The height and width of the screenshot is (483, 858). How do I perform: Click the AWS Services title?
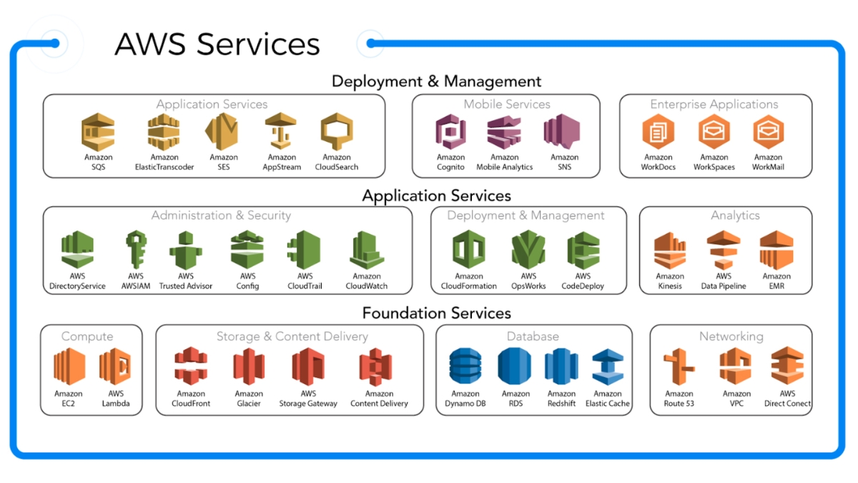coord(217,44)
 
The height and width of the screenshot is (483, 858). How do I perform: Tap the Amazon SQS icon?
coord(98,132)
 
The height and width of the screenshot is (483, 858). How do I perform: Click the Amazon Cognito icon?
coord(450,133)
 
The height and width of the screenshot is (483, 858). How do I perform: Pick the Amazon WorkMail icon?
coord(768,132)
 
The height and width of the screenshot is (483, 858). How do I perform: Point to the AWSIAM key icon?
coord(135,249)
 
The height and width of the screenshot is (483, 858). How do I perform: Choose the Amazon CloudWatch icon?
coord(366,250)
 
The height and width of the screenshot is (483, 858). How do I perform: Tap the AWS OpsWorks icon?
coord(528,250)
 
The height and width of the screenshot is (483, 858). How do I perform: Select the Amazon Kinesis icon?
coord(670,250)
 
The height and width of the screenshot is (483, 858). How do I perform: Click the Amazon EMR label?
coord(776,281)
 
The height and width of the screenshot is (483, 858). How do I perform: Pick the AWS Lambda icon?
coord(115,368)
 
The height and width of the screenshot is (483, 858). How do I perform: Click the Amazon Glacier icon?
coord(249,368)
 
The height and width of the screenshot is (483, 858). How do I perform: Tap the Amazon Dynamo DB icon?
coord(465,368)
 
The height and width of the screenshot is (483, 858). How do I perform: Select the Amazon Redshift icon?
coord(561,368)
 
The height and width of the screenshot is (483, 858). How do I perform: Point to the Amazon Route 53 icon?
coord(679,368)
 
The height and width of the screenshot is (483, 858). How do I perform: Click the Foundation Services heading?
coord(436,313)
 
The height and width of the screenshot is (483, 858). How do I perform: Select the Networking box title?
coord(731,336)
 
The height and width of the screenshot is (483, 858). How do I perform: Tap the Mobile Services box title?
coord(506,104)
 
